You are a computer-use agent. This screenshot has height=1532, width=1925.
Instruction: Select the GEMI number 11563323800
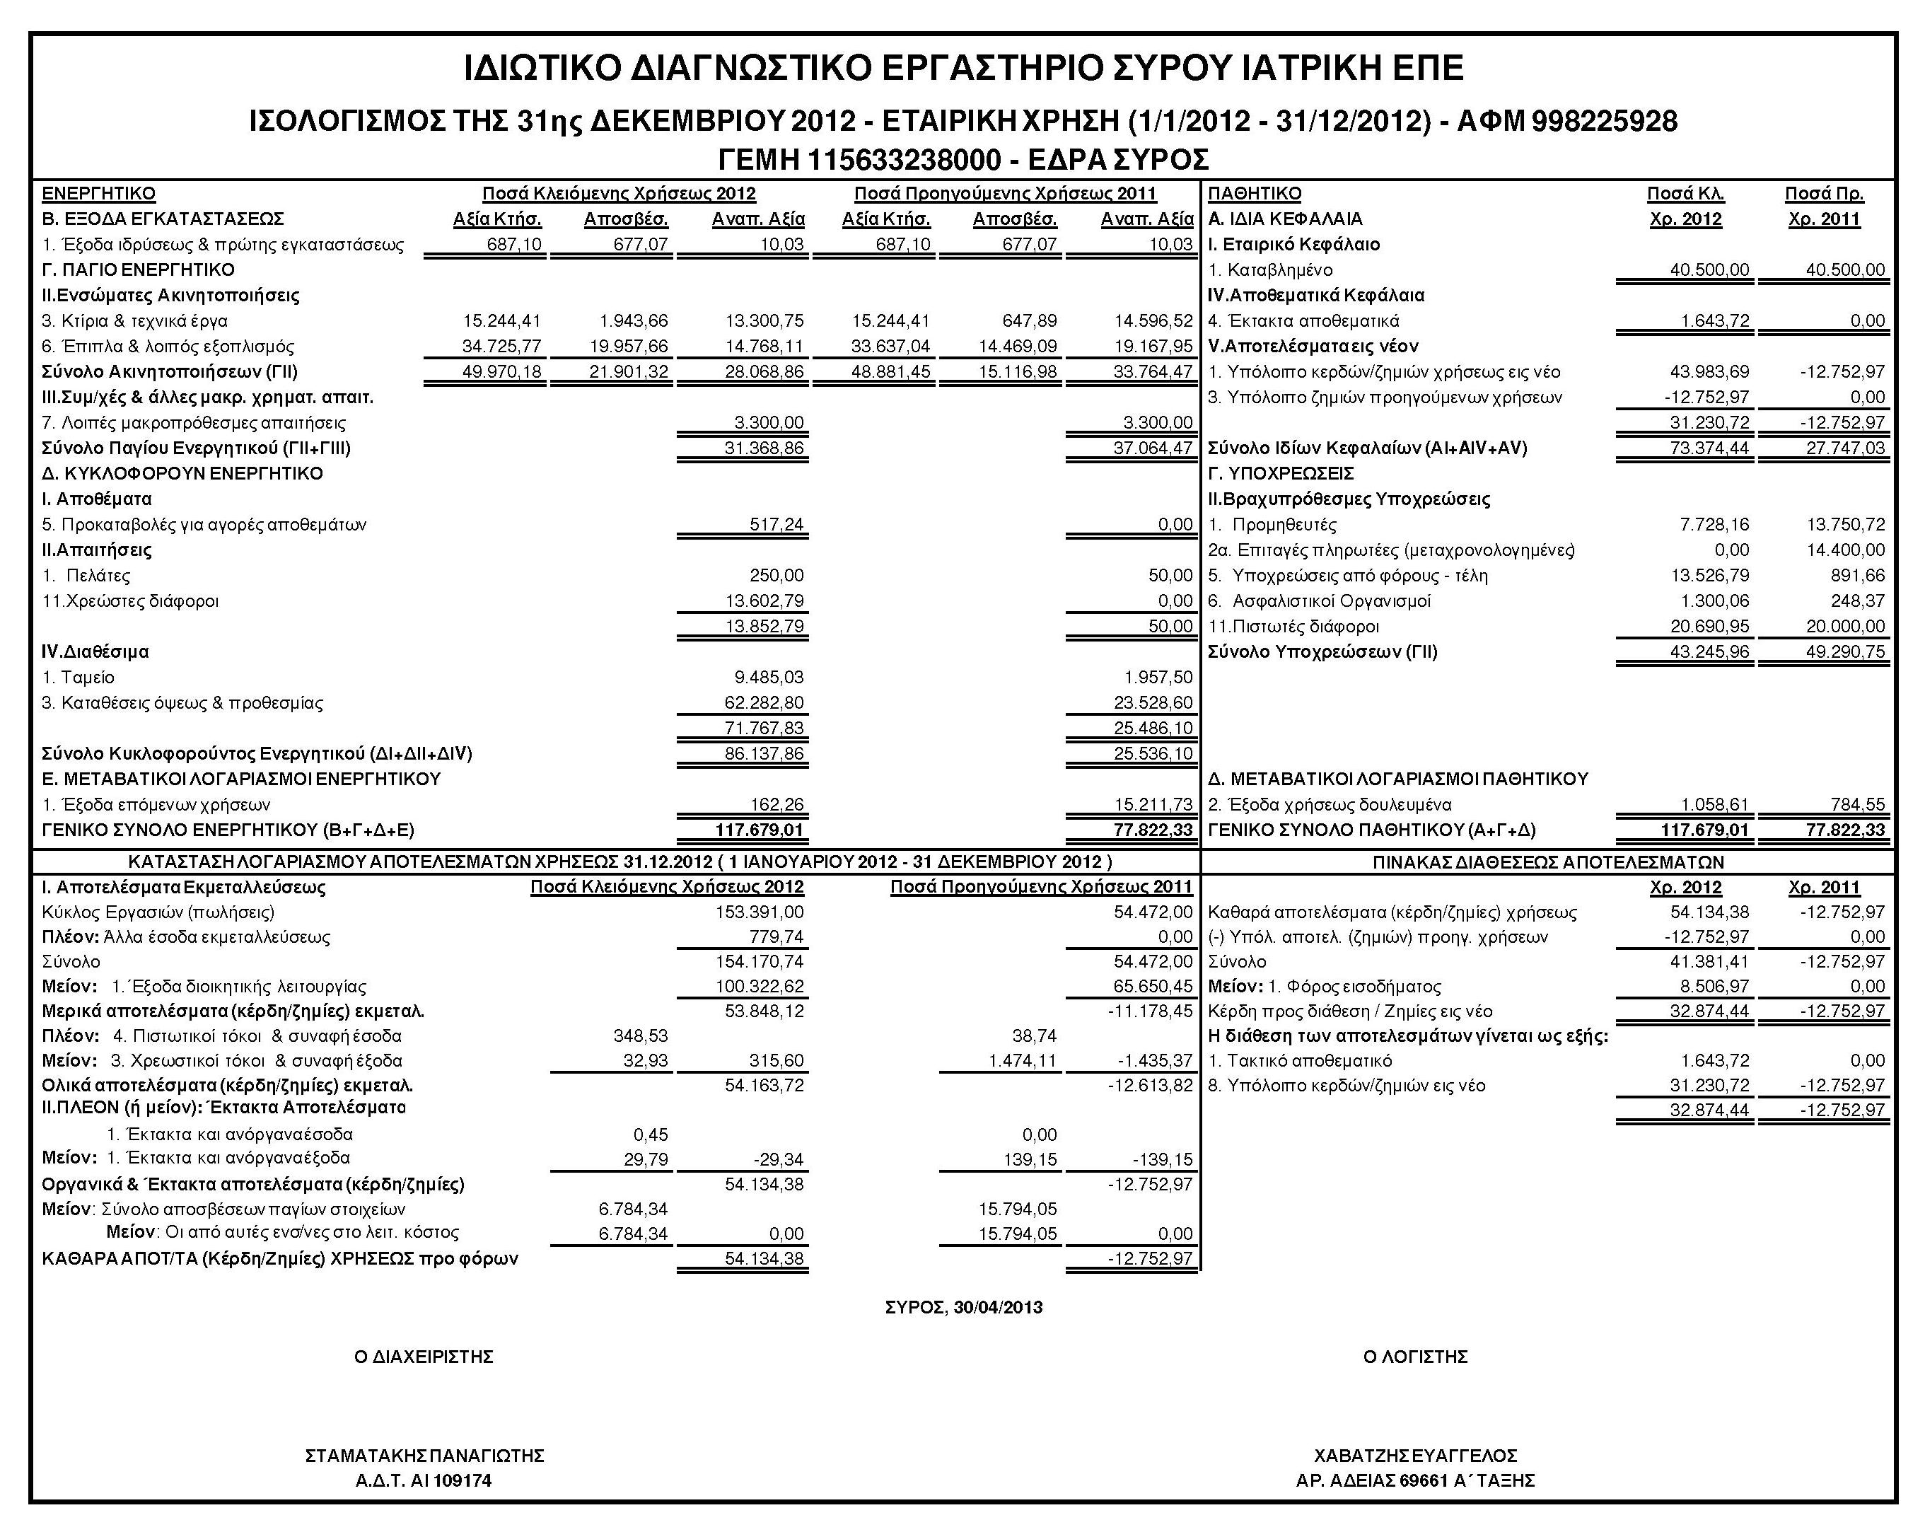click(x=905, y=161)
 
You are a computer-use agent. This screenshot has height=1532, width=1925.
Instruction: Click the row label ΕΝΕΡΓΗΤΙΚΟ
click(x=98, y=194)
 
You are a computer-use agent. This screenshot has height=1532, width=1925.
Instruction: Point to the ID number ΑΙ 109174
click(x=451, y=1481)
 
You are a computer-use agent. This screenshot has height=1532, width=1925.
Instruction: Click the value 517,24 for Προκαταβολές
click(x=776, y=525)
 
